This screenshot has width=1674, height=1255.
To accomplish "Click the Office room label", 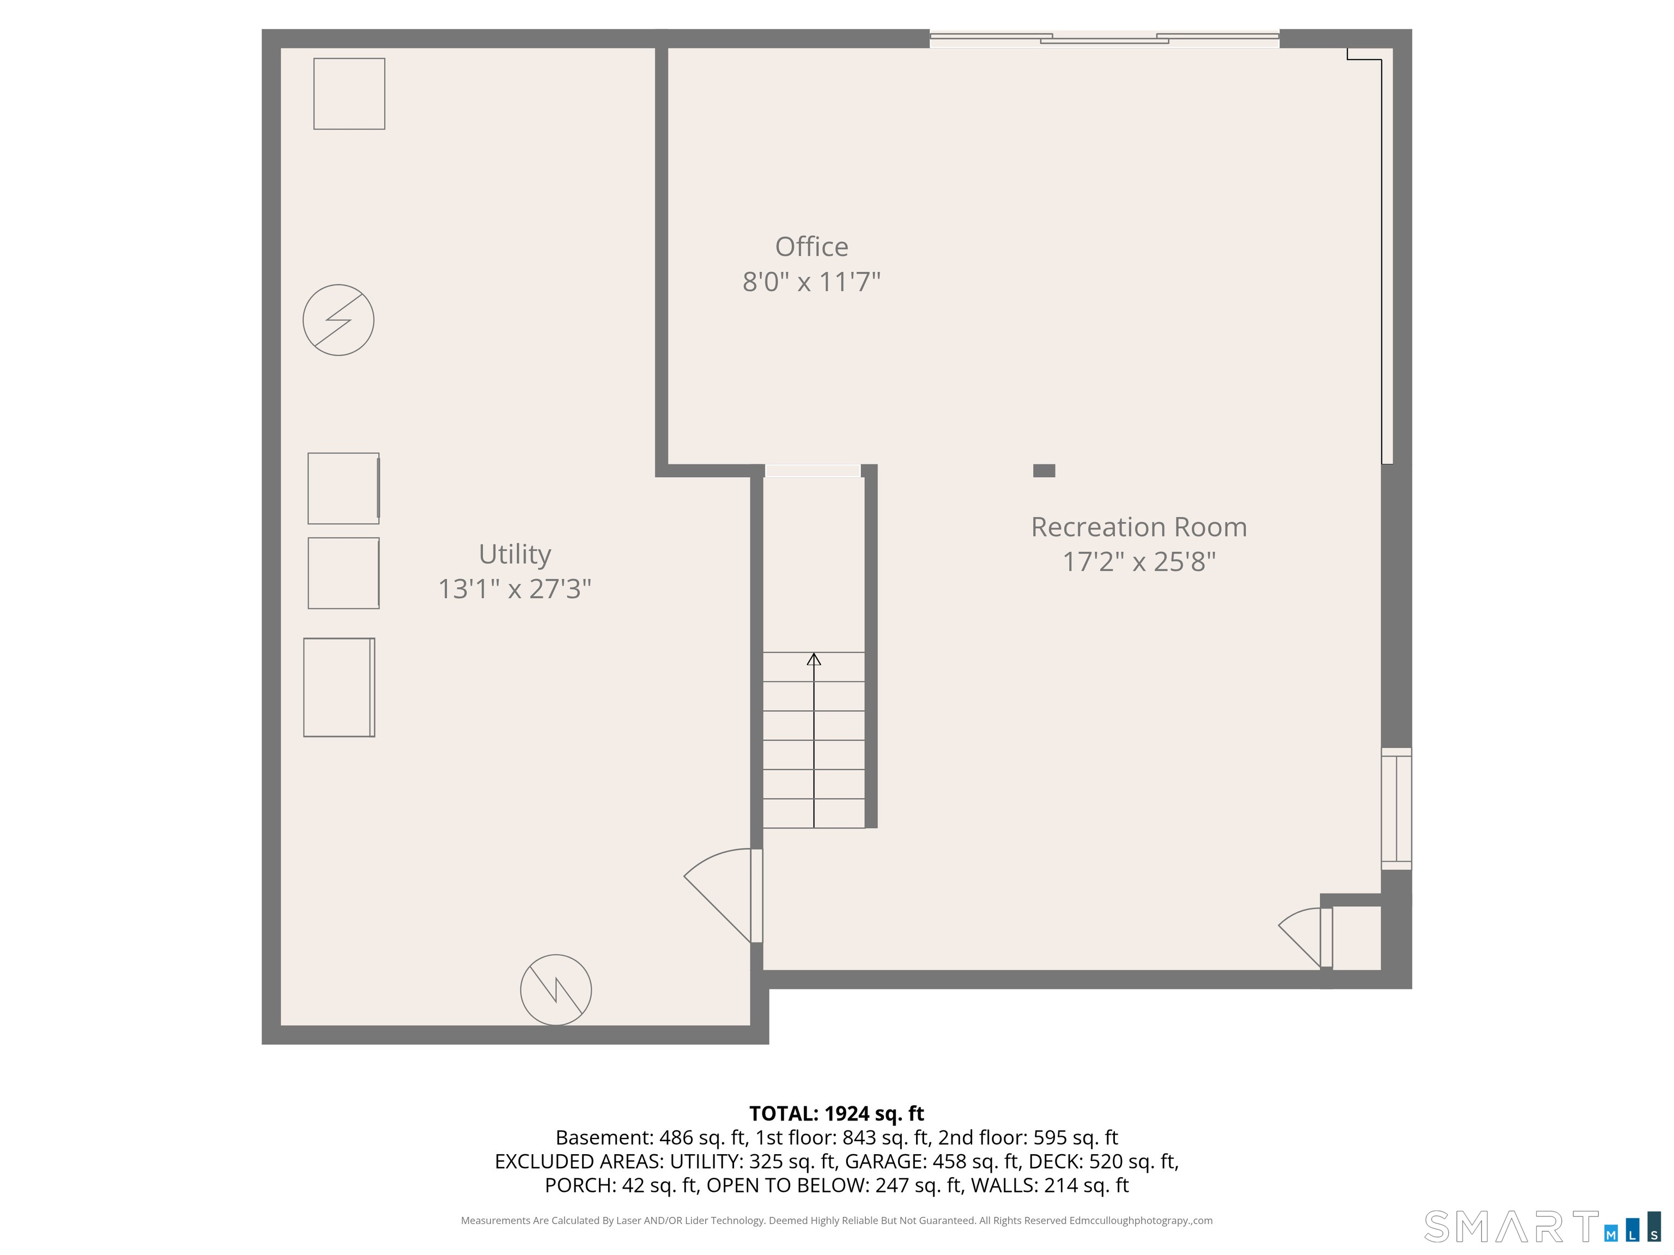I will tap(811, 247).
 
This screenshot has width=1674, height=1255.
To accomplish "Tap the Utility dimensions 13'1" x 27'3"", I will tap(514, 588).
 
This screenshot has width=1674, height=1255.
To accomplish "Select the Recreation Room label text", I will tap(1138, 527).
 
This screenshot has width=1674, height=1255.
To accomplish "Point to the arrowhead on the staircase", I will tap(814, 660).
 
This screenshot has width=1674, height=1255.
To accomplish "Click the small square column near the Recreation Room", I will tap(1044, 471).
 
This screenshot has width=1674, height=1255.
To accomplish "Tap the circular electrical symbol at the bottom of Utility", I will tap(555, 990).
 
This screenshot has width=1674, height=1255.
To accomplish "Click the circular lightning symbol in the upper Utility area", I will tap(338, 320).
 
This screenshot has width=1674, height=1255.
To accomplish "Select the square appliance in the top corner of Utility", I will tap(349, 94).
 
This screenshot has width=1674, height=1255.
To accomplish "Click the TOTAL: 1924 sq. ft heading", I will tap(836, 1113).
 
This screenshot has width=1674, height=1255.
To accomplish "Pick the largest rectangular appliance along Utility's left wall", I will tap(339, 687).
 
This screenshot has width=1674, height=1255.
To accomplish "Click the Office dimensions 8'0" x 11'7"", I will tap(811, 282).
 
